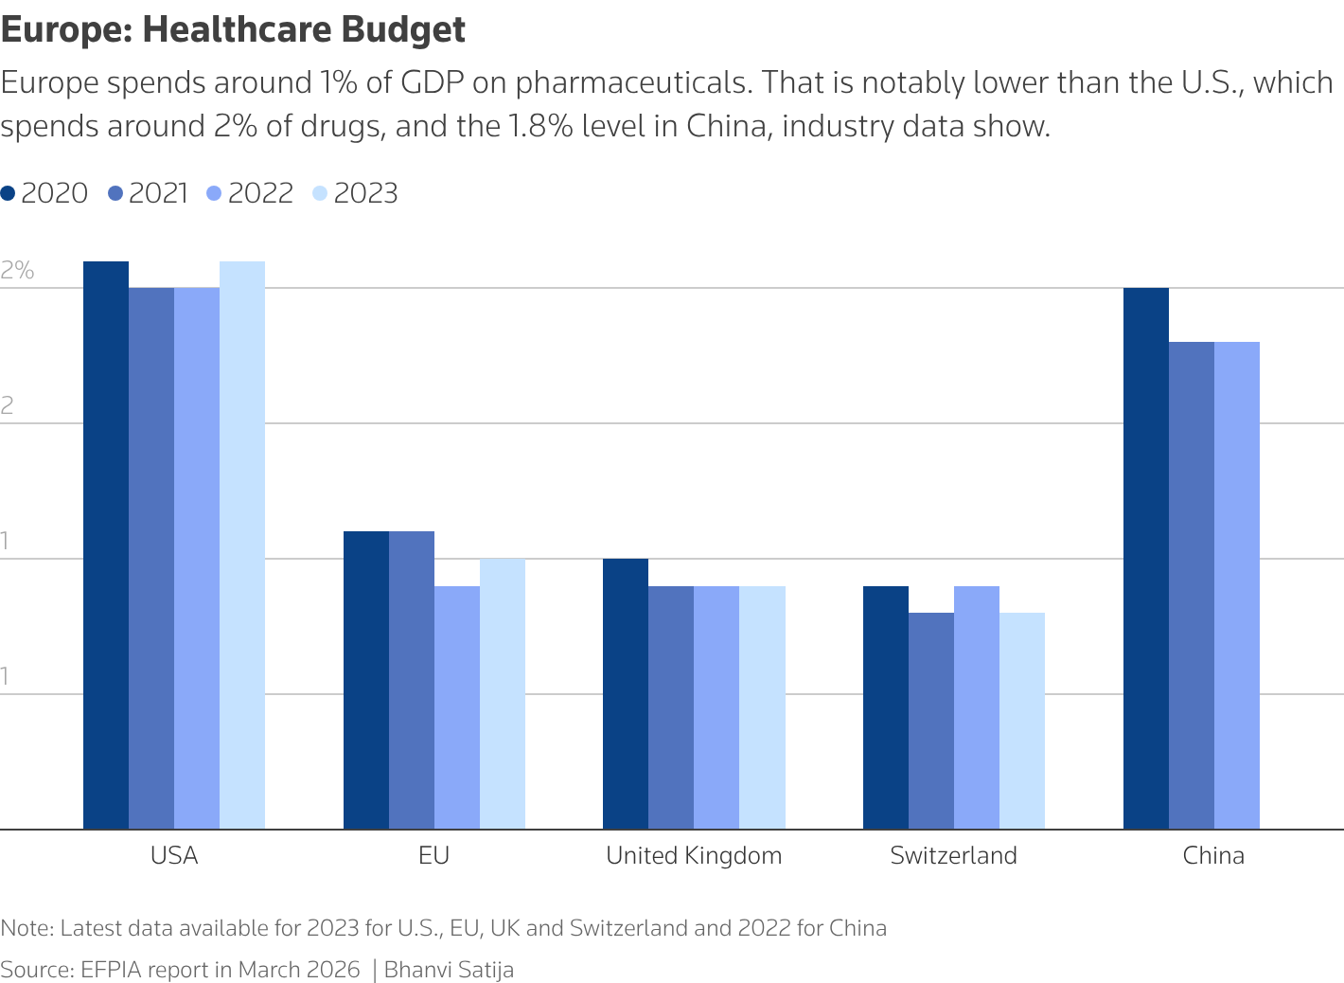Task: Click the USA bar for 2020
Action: pyautogui.click(x=106, y=545)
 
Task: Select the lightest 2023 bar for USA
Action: pyautogui.click(x=242, y=545)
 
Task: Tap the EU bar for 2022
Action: pyautogui.click(x=457, y=707)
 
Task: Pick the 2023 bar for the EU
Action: pyautogui.click(x=503, y=694)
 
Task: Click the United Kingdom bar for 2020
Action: pyautogui.click(x=626, y=694)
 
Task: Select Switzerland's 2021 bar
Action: pyautogui.click(x=931, y=721)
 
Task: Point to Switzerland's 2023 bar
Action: pyautogui.click(x=1022, y=721)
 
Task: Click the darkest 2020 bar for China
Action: pyautogui.click(x=1146, y=559)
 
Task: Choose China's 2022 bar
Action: pyautogui.click(x=1237, y=585)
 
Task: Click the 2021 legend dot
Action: pyautogui.click(x=116, y=193)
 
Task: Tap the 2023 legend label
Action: pyautogui.click(x=365, y=193)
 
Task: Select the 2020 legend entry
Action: pyautogui.click(x=44, y=193)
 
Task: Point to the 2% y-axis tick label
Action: pyautogui.click(x=17, y=271)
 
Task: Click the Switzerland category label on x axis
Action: pyautogui.click(x=953, y=856)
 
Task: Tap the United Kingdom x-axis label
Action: pyautogui.click(x=694, y=856)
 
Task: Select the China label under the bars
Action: pyautogui.click(x=1213, y=856)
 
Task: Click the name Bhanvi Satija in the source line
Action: pyautogui.click(x=449, y=970)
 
